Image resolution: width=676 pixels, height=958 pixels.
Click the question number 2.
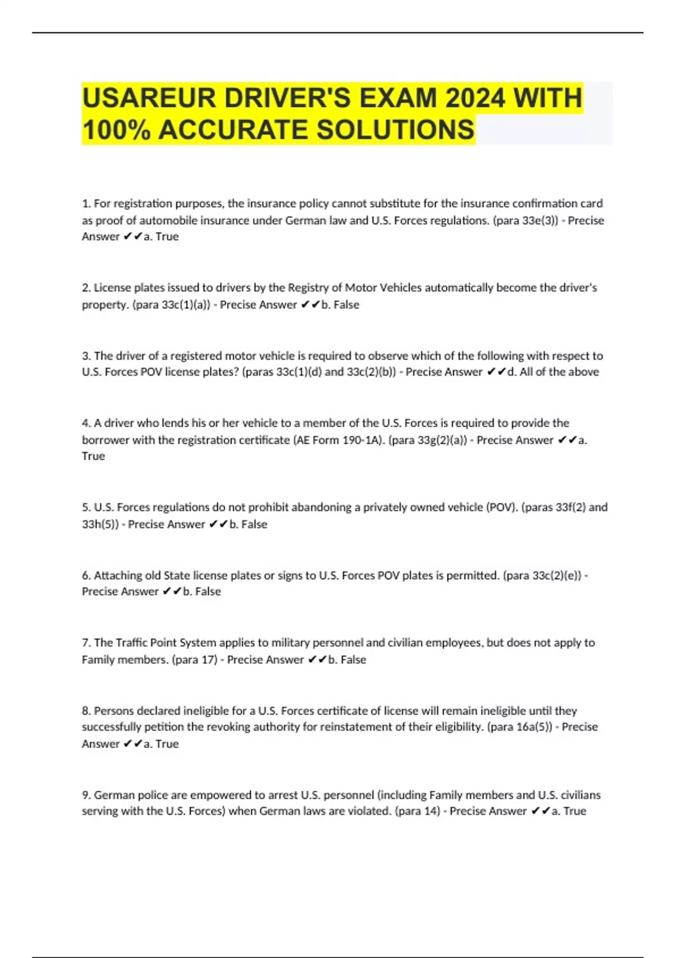(86, 288)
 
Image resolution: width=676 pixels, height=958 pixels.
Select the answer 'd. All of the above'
(553, 372)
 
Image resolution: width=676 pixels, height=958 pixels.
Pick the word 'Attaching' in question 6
(118, 575)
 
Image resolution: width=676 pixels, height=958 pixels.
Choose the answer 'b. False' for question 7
(347, 659)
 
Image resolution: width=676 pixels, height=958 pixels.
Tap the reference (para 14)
(417, 811)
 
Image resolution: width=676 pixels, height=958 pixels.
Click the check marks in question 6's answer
(172, 592)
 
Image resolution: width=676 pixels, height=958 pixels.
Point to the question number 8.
(86, 711)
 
